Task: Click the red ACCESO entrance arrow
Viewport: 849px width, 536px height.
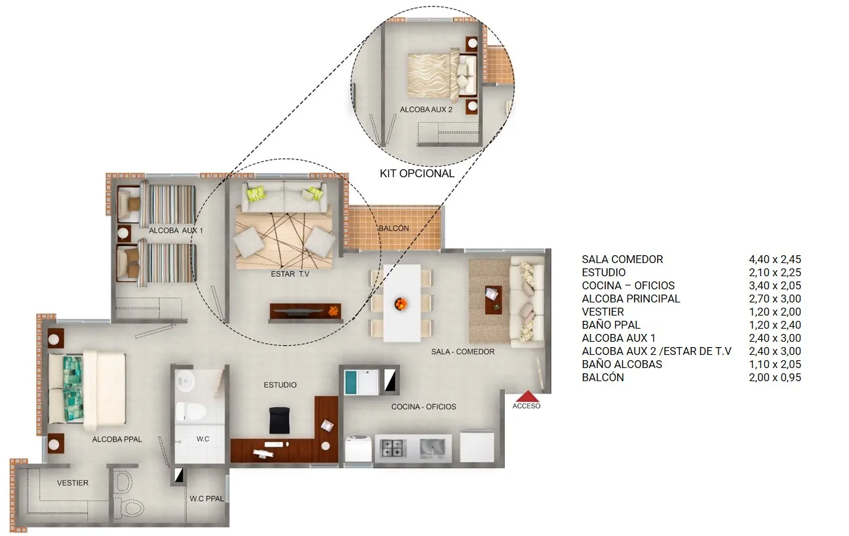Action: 528,396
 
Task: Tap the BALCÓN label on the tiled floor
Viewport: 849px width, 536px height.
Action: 394,228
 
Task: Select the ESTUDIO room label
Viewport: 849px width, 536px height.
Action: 280,385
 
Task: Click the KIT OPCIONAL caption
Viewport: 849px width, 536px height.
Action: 417,173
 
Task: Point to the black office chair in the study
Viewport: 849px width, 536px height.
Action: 280,421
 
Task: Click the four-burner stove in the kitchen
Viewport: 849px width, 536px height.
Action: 391,448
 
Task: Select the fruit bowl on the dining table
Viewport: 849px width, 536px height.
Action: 401,304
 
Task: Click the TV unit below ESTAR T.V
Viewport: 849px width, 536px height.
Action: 306,312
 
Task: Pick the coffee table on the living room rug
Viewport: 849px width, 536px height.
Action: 494,300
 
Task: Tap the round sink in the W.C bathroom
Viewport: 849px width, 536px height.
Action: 186,381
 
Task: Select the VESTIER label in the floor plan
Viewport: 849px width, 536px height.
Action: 73,483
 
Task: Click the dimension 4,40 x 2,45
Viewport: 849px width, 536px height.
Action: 775,259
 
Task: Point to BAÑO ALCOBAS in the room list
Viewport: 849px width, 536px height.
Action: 622,364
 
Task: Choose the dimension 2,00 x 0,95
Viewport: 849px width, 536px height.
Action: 775,377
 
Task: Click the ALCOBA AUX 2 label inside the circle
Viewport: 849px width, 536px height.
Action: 426,110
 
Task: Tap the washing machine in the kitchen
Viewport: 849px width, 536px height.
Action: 358,448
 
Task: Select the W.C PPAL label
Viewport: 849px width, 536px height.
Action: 207,499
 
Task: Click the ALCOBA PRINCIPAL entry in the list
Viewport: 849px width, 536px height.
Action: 631,299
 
